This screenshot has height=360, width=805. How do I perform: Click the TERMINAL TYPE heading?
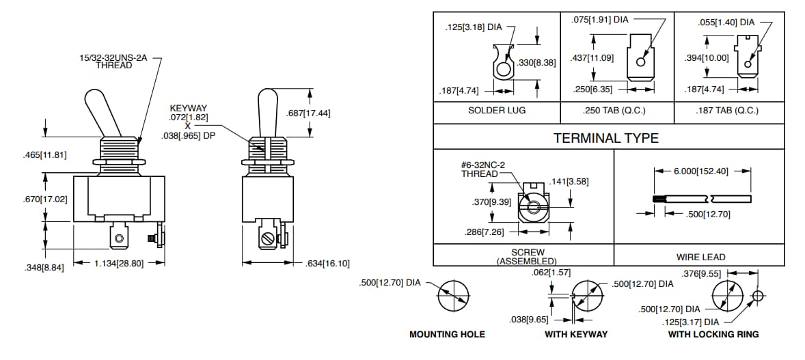[x=605, y=138]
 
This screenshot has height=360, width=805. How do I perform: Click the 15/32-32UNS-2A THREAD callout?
[x=114, y=61]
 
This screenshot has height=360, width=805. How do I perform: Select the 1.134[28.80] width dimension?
[x=118, y=263]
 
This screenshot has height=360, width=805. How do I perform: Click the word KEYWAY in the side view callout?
[x=189, y=109]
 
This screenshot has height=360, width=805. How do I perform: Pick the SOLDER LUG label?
[x=497, y=111]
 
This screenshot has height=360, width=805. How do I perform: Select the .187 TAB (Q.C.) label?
[x=728, y=111]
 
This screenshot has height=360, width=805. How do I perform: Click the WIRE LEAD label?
[x=699, y=258]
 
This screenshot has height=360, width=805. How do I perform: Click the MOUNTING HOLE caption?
[x=447, y=335]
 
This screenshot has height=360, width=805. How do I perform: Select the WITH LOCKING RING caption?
[x=713, y=335]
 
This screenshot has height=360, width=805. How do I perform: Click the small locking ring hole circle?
[x=756, y=296]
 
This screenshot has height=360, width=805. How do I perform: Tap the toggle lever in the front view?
[x=101, y=112]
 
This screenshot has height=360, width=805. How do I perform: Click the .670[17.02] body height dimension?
[x=44, y=199]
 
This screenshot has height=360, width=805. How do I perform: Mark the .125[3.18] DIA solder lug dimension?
[x=474, y=28]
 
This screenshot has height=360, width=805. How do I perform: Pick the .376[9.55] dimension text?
[x=700, y=275]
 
